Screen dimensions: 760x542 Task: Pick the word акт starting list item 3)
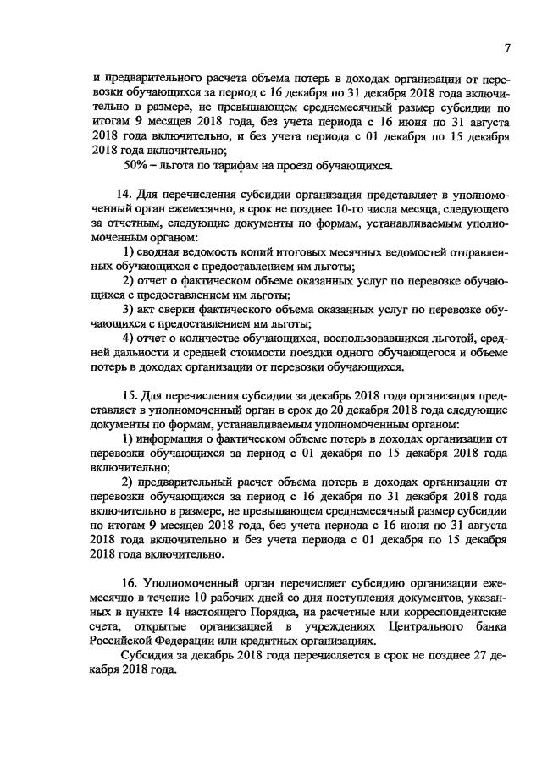(x=155, y=309)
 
